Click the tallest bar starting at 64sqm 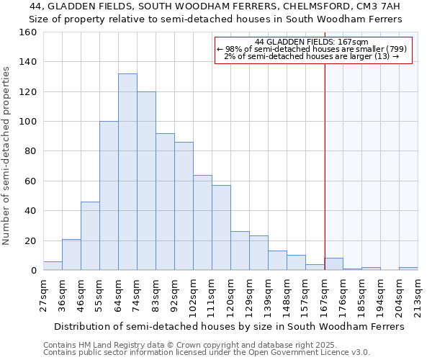(127, 172)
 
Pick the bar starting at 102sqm (202, 222)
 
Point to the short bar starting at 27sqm (53, 266)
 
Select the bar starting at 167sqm (333, 264)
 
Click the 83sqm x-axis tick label (156, 294)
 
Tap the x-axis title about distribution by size (229, 326)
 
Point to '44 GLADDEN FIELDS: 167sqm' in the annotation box (312, 42)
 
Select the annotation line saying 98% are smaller (312, 49)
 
